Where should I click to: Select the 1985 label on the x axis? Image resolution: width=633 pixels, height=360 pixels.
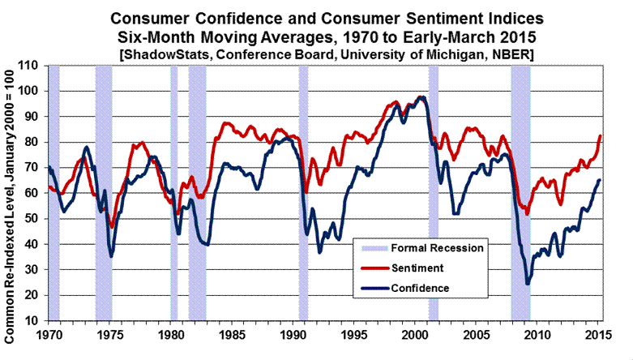231,334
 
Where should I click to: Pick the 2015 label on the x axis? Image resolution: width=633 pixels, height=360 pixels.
596,334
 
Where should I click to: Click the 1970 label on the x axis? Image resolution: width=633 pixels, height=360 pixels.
49,334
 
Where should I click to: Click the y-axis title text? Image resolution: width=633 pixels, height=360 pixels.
13,193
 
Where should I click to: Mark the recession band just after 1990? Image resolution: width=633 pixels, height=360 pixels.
303,193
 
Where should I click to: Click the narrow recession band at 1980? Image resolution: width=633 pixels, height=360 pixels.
173,193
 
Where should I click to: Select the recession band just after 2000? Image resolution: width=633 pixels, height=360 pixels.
434,193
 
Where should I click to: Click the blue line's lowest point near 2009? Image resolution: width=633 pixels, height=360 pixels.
528,283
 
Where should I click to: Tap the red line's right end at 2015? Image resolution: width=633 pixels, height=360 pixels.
600,135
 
